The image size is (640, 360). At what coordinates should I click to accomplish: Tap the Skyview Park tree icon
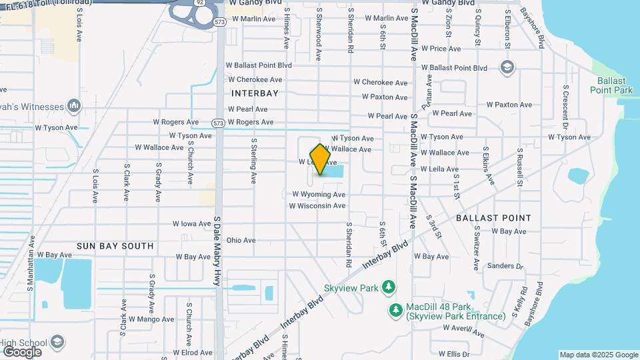pos(389,288)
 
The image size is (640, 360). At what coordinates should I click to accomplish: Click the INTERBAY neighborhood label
pos(255,93)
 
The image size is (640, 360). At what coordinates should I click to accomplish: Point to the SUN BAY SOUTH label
pos(115,246)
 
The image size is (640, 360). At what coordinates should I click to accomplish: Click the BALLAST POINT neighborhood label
pos(494,218)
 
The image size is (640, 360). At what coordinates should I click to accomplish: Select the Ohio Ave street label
pos(241,240)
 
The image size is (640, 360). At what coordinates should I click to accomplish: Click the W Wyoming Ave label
pos(319,195)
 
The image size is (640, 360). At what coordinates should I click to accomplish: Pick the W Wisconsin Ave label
pos(317,206)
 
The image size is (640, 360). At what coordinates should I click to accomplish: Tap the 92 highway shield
pos(200,3)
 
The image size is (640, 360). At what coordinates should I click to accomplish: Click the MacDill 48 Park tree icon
pos(396,311)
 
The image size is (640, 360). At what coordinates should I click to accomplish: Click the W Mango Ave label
pos(151,319)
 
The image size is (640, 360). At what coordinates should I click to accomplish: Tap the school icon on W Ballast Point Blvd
pos(507,67)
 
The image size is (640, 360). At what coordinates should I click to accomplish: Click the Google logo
pos(21,352)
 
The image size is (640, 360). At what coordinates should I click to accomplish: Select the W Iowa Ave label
pos(192,224)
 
